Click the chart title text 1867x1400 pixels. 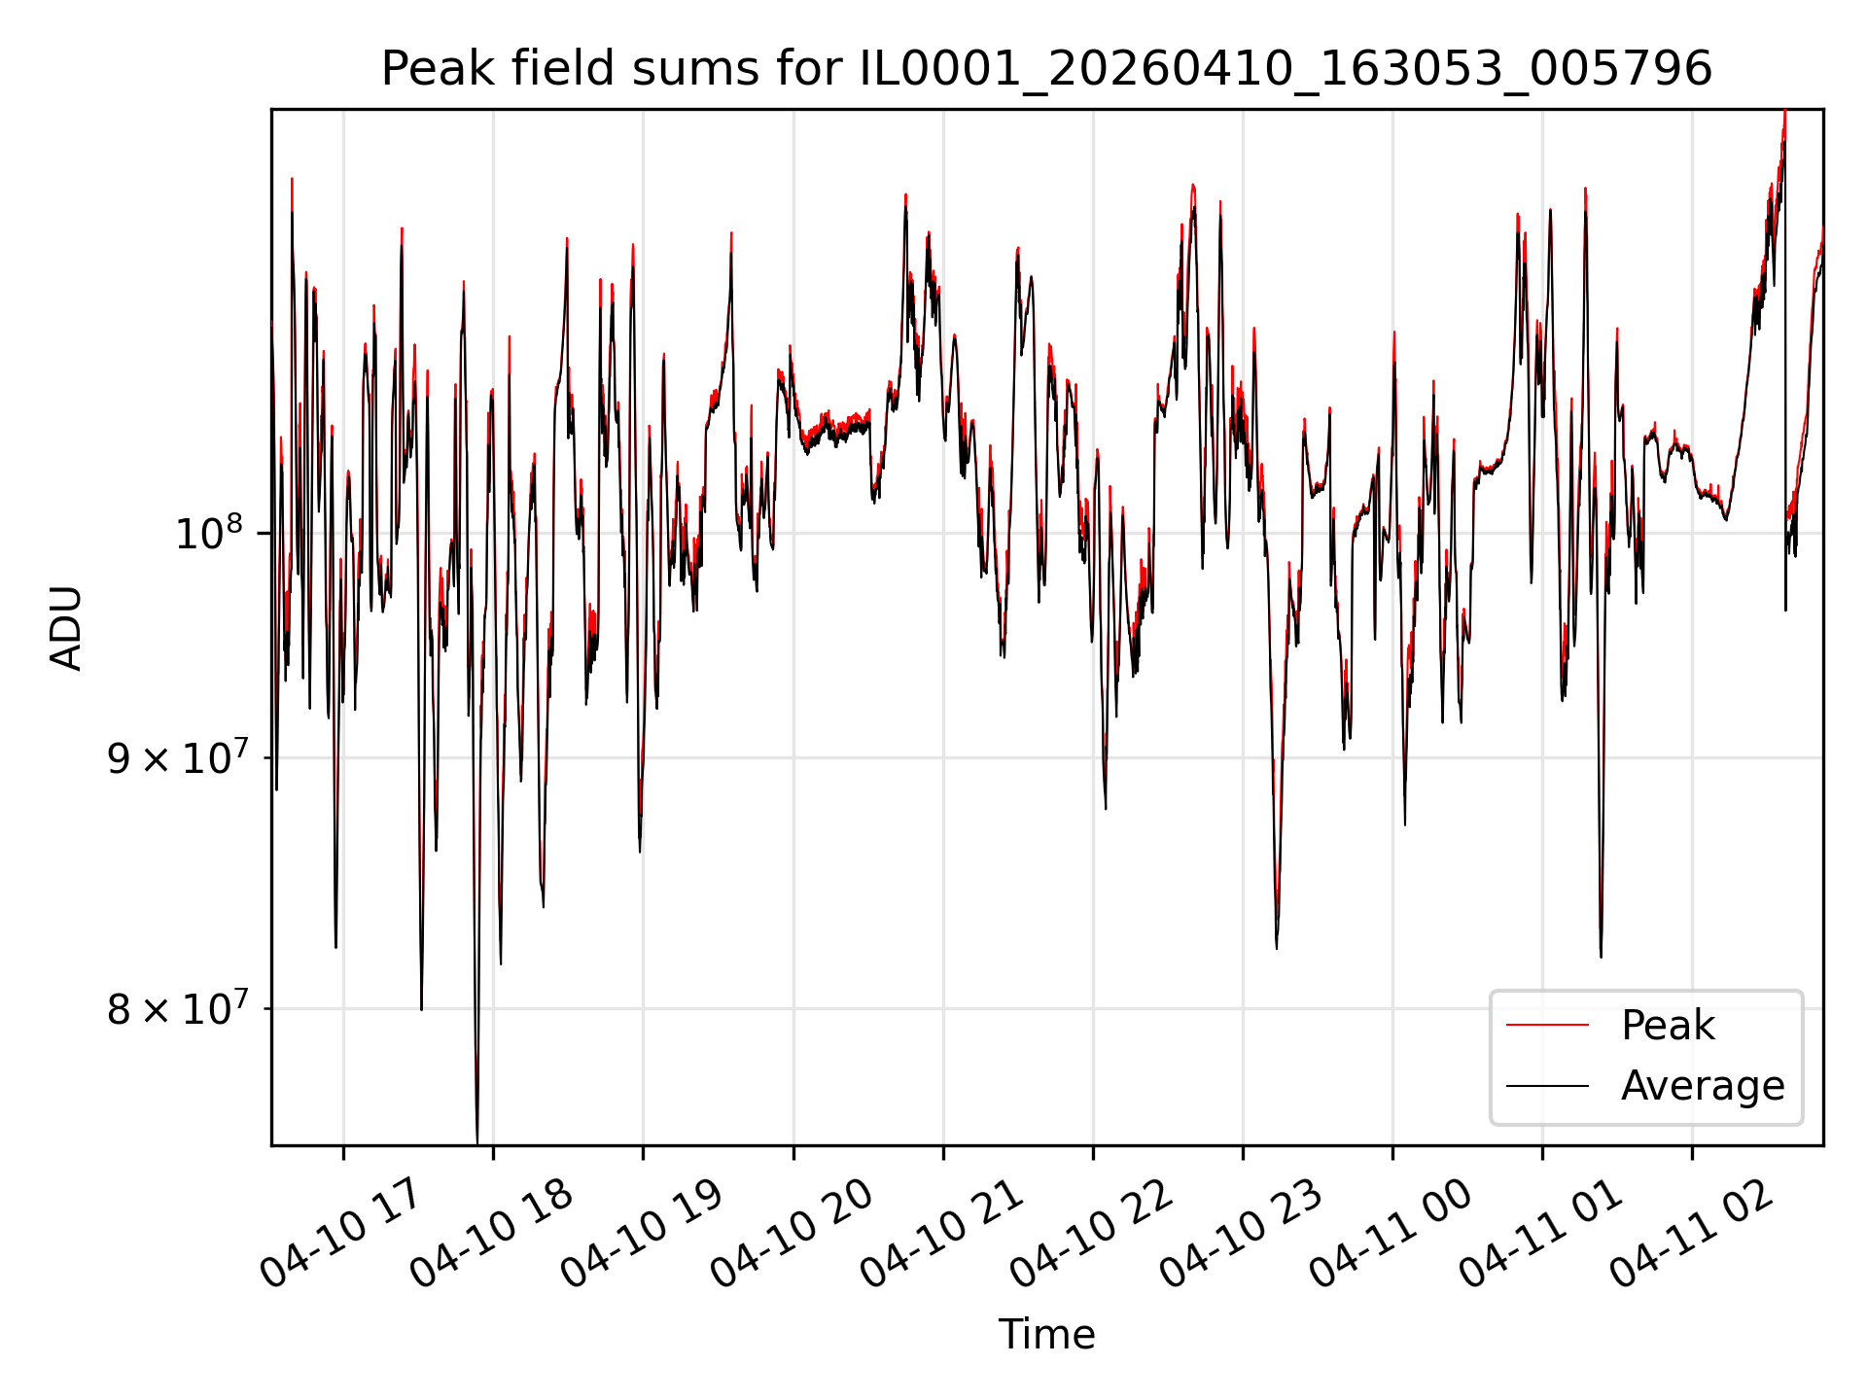click(1046, 69)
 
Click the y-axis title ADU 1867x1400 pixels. click(66, 628)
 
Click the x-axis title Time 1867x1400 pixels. click(1046, 1335)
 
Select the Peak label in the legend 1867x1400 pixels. click(1668, 1026)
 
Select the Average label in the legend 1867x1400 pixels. click(1703, 1086)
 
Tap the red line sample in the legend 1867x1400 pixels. click(1547, 1026)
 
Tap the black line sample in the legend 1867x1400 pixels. click(1547, 1086)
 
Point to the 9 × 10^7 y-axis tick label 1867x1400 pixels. click(179, 756)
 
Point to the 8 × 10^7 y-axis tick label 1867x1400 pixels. click(179, 1008)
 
